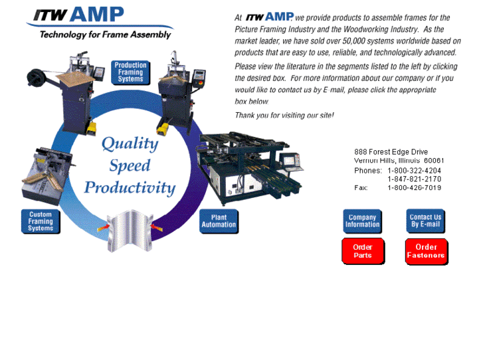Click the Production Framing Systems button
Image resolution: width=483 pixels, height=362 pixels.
coord(130,72)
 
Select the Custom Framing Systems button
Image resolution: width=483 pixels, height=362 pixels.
coord(41,221)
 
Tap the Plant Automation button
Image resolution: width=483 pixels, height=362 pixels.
coord(219,221)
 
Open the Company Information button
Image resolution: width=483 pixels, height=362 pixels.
coord(362,221)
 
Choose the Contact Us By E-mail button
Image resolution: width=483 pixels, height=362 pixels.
coord(425,221)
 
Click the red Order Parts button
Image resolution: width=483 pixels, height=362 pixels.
coord(363,252)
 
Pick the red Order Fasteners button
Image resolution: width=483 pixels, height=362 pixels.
coord(426,252)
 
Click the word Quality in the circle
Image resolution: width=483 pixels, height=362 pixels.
coord(130,143)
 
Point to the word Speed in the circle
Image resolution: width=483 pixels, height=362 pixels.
coord(130,165)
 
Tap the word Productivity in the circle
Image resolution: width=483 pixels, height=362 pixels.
coord(130,187)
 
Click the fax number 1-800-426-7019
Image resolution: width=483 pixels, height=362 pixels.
coord(415,188)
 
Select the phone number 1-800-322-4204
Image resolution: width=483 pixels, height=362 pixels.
coord(415,170)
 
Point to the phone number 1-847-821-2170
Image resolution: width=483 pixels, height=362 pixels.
coord(415,179)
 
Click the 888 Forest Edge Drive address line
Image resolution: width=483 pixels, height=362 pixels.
coord(391,152)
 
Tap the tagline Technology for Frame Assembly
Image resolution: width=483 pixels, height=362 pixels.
coord(105,35)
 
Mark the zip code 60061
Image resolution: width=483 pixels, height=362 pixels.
coord(434,161)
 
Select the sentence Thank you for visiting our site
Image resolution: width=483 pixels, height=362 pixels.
coord(284,116)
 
